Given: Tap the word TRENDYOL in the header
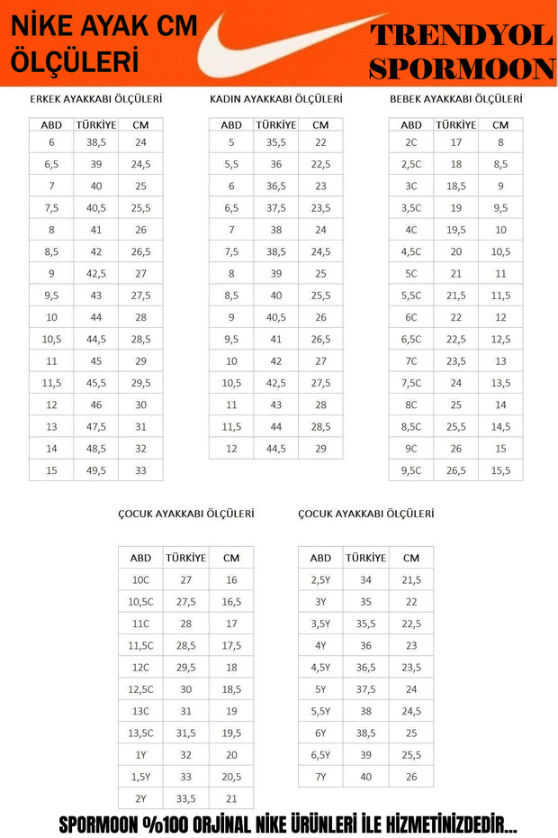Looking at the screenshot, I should click(461, 36).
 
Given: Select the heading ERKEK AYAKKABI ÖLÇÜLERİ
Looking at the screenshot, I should click(95, 99).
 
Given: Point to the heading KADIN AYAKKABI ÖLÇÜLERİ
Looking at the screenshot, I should click(275, 99).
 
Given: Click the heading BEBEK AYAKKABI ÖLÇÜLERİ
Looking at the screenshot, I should click(455, 99).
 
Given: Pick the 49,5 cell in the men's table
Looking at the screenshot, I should click(96, 469).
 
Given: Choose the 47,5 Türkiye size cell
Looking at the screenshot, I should click(96, 426).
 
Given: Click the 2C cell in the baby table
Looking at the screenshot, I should click(411, 142).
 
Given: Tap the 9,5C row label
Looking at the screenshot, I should click(411, 469).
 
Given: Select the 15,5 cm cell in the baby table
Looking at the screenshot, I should click(500, 469).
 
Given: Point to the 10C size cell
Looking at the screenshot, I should click(141, 580).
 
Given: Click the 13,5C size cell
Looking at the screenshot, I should click(141, 733).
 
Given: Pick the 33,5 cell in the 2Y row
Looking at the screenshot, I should click(186, 797).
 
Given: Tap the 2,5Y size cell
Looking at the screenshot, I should click(320, 580).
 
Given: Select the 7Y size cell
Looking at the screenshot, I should click(320, 776).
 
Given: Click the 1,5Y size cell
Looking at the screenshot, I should click(141, 776).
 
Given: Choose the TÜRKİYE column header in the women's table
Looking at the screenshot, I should click(276, 124).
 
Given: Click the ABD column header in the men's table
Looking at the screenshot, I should click(51, 124).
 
